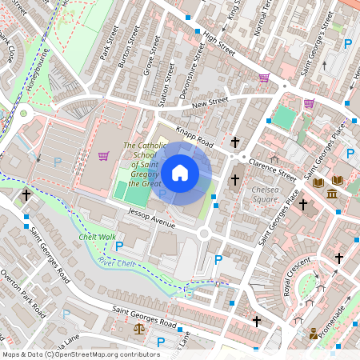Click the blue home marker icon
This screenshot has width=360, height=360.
tap(180, 173)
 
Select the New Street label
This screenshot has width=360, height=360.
tap(210, 102)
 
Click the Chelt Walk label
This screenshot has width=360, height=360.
tap(98, 237)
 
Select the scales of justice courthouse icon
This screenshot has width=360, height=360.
tap(140, 327)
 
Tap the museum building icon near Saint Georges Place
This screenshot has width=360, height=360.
tap(331, 194)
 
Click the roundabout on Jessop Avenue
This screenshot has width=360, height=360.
tap(204, 234)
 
